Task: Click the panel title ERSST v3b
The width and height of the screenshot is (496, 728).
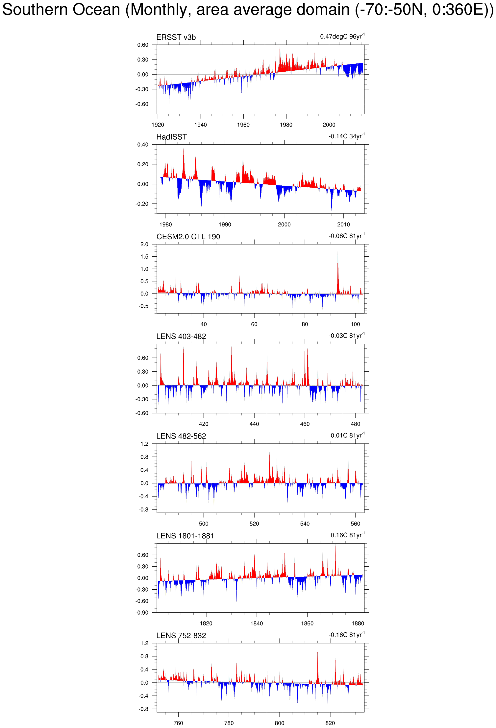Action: [176, 37]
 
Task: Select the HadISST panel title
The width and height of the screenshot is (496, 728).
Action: [171, 137]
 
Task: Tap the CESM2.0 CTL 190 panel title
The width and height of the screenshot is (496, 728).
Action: [188, 237]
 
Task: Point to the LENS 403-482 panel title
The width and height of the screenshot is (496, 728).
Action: [181, 337]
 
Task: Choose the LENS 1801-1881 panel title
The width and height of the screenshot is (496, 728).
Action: [185, 536]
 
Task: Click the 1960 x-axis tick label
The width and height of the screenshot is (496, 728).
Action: [243, 125]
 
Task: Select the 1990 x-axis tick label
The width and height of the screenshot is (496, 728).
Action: [225, 224]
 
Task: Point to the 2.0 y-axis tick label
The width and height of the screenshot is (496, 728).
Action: [144, 244]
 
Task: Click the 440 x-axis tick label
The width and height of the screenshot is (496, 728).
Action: [254, 424]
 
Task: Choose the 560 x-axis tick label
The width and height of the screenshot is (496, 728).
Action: [355, 524]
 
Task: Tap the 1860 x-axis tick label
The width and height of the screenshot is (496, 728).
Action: [307, 623]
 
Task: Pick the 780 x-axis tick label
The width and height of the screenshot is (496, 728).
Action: [229, 723]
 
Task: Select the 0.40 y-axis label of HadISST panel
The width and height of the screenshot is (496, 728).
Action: [143, 145]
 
